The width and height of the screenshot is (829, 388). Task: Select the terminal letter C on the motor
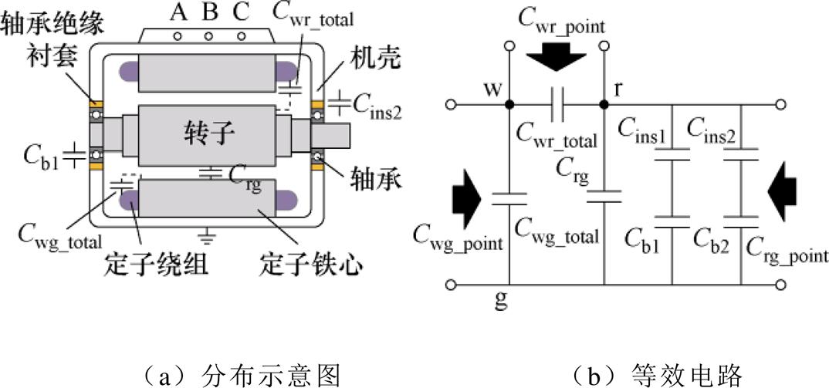coord(241,13)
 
